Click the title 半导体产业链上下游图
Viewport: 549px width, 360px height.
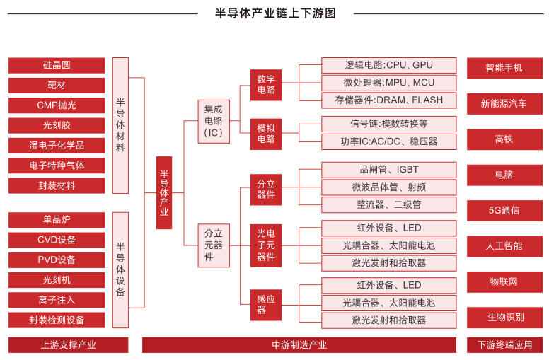[x=275, y=13]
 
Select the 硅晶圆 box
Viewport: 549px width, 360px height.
[x=57, y=65]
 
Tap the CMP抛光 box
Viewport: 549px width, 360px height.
[x=57, y=105]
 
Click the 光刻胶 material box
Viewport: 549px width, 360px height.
[x=57, y=125]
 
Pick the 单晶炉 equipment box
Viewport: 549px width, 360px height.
[x=57, y=220]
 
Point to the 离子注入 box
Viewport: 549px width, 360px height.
[x=57, y=300]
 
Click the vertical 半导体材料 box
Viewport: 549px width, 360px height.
[x=120, y=125]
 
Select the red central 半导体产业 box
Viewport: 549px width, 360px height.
[x=164, y=192]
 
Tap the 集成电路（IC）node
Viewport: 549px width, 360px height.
[x=214, y=120]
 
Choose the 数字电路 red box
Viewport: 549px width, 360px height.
[x=266, y=84]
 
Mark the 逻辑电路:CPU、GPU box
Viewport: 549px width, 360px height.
[x=388, y=65]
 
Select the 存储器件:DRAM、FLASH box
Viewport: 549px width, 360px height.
[x=388, y=100]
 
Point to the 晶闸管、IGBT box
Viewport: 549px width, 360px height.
[x=388, y=170]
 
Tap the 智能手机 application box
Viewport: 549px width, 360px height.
[x=504, y=68]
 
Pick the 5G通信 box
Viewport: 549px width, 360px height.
[x=504, y=210]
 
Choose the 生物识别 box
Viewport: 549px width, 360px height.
[x=504, y=317]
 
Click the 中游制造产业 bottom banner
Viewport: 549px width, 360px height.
[x=299, y=345]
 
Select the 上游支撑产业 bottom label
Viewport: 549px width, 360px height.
[x=68, y=345]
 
